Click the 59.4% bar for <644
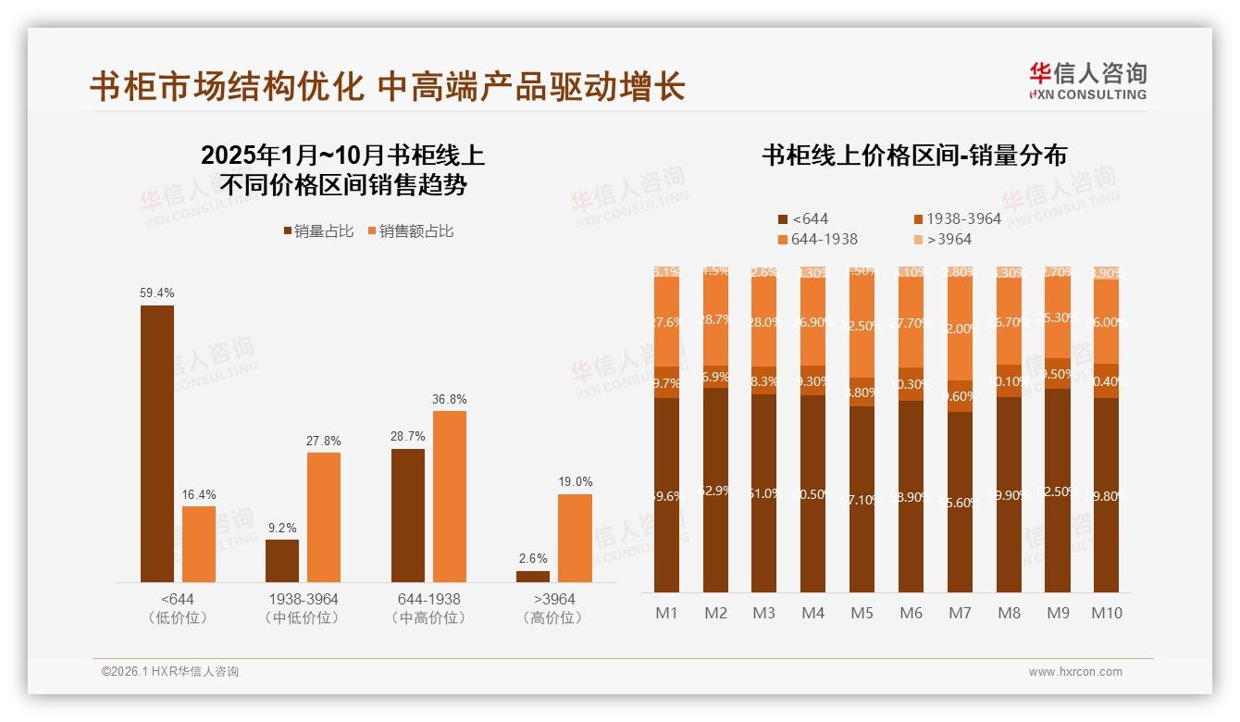coord(157,443)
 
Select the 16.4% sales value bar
coord(199,543)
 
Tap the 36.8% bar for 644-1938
coord(450,496)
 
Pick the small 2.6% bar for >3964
coord(533,577)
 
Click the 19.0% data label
coord(575,482)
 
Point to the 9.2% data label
coord(282,528)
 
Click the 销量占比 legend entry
coord(318,231)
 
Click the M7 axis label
coord(960,613)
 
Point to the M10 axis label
coord(1107,613)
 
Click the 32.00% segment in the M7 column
coord(961,329)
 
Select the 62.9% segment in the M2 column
coord(715,490)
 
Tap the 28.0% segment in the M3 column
coord(763,322)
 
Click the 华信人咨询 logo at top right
coord(1087,81)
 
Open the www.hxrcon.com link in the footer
coord(1075,672)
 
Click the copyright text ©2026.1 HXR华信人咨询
coord(170,672)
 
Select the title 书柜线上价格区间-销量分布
coord(913,156)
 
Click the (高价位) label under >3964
coord(552,617)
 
